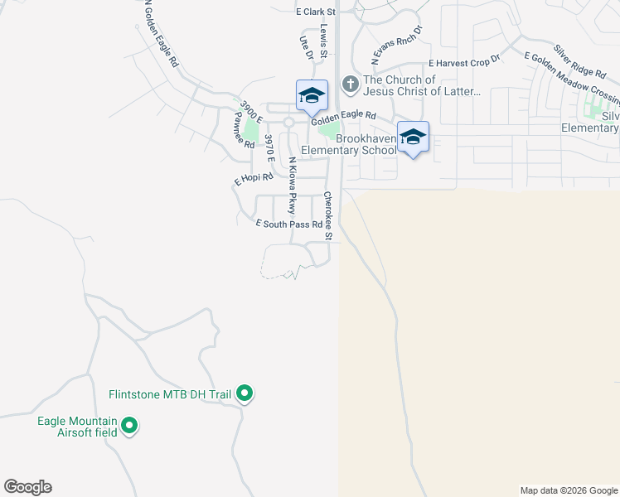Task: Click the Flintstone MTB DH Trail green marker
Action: [x=245, y=393]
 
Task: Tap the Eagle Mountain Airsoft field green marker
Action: [x=129, y=427]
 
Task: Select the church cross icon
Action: [x=351, y=84]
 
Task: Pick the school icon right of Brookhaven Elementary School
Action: [x=413, y=137]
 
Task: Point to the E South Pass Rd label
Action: [x=288, y=224]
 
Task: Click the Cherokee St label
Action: [x=328, y=216]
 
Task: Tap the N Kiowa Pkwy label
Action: [x=293, y=186]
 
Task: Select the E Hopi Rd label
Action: [x=254, y=178]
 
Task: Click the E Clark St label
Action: [x=315, y=12]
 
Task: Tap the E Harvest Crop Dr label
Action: [x=464, y=62]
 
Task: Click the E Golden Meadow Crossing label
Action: [x=572, y=78]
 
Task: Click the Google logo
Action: [x=27, y=487]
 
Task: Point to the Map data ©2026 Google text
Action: [x=568, y=490]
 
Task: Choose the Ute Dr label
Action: [x=305, y=47]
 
